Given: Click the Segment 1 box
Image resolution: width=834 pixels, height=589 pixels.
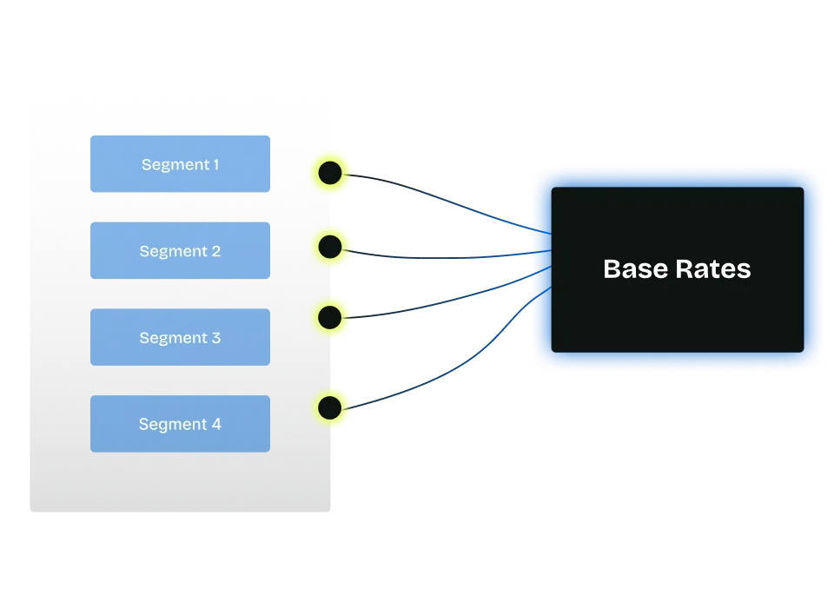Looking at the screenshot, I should [180, 163].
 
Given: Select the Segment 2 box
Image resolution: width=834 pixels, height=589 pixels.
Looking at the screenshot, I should [180, 250].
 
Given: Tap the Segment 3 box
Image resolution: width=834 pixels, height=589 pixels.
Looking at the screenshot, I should [180, 337].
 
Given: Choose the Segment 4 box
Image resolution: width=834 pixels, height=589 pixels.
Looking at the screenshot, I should [180, 424].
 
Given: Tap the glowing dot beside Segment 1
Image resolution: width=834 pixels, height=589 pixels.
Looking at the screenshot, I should [330, 172].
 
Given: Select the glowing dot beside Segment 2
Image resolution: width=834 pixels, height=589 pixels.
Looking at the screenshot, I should [330, 248].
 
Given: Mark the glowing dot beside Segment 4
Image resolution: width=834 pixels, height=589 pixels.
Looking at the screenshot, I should [330, 407].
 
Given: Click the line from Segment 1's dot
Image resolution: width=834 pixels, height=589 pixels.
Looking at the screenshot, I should [434, 193].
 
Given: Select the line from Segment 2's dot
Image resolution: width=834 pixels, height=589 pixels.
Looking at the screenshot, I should [434, 256].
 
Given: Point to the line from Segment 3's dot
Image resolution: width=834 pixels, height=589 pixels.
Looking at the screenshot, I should [434, 305].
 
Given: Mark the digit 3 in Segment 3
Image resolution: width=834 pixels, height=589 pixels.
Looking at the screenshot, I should [216, 338].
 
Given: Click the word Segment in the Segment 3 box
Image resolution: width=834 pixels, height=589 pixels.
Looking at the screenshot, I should [169, 338].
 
